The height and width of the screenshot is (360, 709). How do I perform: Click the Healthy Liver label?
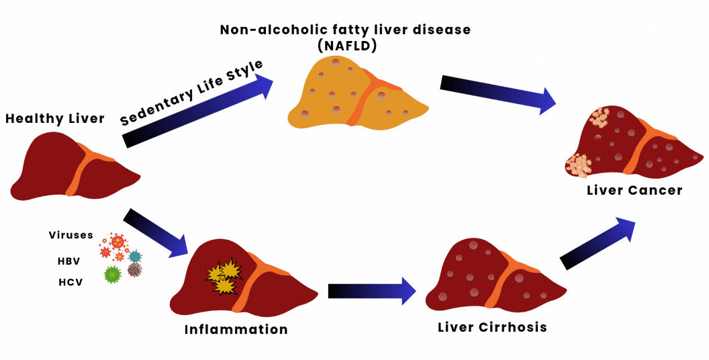click(x=55, y=119)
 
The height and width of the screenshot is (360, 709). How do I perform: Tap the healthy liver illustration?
click(x=67, y=168)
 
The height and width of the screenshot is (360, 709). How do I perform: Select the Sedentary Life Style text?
click(x=191, y=92)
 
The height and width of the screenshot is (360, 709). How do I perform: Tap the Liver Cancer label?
click(x=634, y=190)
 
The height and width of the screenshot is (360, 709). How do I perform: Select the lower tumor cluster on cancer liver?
click(x=579, y=165)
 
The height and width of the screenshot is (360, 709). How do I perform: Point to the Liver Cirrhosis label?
click(x=492, y=328)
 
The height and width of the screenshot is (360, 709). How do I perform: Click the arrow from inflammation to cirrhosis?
click(x=371, y=290)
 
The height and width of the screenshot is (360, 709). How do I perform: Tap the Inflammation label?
click(x=236, y=330)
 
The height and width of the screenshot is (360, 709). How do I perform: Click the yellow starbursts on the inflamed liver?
click(x=224, y=276)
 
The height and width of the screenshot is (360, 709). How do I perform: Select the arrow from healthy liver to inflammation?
click(x=156, y=232)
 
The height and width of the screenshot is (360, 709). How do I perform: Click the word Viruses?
click(x=71, y=235)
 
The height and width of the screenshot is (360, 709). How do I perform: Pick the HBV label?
click(x=69, y=260)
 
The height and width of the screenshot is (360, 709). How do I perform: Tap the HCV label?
click(x=70, y=282)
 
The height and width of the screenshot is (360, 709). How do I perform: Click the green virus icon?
click(x=113, y=273)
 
